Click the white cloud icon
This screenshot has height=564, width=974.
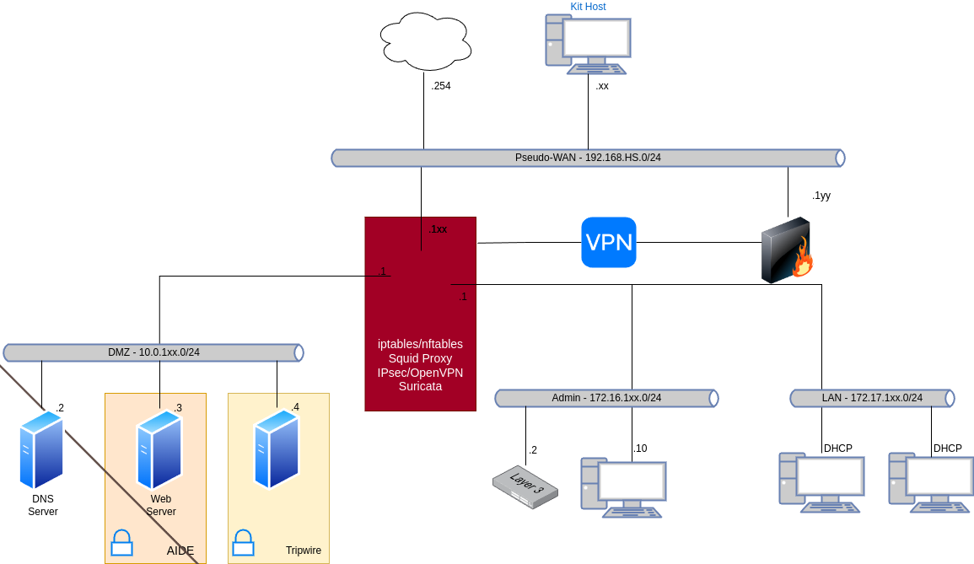click(x=425, y=41)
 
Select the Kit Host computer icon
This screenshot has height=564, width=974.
click(x=588, y=45)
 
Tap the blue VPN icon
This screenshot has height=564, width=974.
click(x=608, y=242)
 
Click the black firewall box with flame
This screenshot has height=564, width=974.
click(x=786, y=251)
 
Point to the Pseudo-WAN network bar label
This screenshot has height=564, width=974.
click(x=588, y=158)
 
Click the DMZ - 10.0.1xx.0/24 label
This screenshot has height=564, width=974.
click(x=153, y=352)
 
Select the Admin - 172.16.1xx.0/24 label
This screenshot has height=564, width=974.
click(x=606, y=398)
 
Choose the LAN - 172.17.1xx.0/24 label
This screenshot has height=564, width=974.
click(x=872, y=398)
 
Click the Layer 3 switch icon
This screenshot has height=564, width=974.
click(x=525, y=487)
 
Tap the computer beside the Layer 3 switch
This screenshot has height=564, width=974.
click(x=622, y=487)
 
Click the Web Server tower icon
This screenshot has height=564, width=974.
click(x=159, y=450)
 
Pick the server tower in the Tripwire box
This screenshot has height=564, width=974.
click(x=277, y=449)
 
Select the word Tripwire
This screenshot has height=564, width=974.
click(x=303, y=551)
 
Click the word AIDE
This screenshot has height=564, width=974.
click(x=180, y=551)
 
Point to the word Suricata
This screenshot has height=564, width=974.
click(x=420, y=387)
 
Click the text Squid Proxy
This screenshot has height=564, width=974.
click(x=420, y=358)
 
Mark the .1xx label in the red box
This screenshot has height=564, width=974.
click(x=437, y=229)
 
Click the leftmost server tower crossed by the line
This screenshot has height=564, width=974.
click(x=41, y=449)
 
